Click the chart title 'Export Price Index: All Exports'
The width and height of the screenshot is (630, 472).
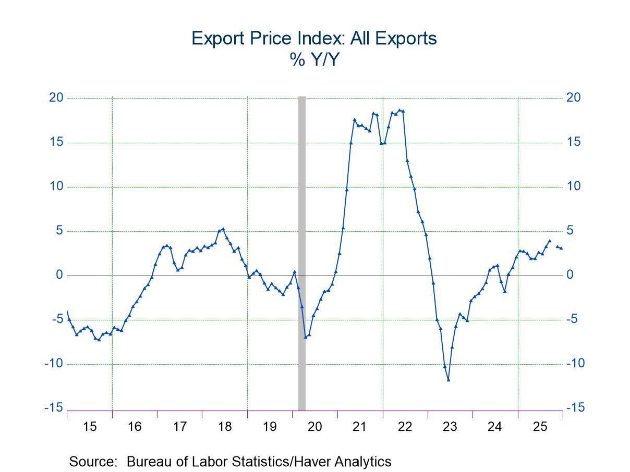click(314, 38)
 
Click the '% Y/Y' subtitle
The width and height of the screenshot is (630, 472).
click(314, 60)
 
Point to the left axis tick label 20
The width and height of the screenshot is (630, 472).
click(56, 98)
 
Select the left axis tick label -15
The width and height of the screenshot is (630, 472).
click(54, 408)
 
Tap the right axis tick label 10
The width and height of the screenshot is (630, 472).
click(574, 187)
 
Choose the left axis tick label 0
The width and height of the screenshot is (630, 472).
click(59, 275)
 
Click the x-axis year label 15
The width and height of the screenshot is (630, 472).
click(90, 427)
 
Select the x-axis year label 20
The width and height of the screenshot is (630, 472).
click(314, 427)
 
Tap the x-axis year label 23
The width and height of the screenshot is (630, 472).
click(450, 427)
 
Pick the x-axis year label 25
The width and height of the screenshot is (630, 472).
click(540, 427)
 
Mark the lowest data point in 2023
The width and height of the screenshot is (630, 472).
click(448, 380)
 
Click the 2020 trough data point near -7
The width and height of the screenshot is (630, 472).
click(306, 337)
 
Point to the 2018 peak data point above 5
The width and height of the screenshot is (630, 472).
click(223, 229)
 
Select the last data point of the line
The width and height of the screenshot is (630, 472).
click(561, 248)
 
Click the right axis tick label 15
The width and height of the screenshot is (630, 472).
click(574, 142)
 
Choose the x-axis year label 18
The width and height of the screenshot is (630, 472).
click(225, 427)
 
